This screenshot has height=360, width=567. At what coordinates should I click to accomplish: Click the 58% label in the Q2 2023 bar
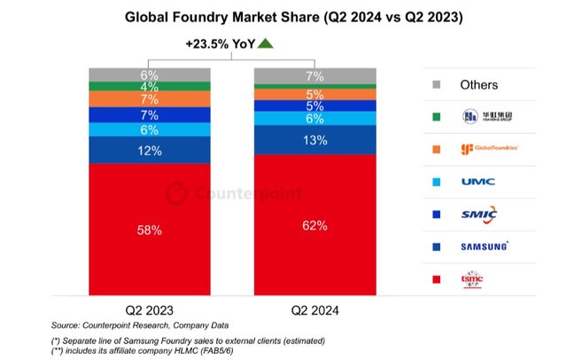click(x=149, y=231)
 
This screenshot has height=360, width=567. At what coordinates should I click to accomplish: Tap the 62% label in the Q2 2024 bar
click(x=314, y=226)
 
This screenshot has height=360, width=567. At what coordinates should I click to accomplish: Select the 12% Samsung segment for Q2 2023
click(x=149, y=151)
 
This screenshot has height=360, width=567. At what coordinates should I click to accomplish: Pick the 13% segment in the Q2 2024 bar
click(x=314, y=139)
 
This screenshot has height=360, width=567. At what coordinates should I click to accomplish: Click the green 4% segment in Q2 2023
click(x=149, y=87)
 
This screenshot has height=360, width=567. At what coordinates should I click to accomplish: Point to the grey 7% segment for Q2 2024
click(x=314, y=76)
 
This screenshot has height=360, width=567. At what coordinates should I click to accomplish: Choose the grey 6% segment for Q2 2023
click(x=149, y=74)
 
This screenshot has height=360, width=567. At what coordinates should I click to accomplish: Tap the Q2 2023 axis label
click(x=149, y=311)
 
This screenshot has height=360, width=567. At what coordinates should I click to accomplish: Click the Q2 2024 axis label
click(x=314, y=311)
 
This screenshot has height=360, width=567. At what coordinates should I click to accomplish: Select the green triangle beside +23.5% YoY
click(x=267, y=43)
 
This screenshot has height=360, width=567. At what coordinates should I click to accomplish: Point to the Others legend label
click(x=478, y=85)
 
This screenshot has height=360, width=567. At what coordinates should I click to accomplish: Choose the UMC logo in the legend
click(x=478, y=181)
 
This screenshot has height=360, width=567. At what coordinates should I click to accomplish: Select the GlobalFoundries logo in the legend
click(x=484, y=148)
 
